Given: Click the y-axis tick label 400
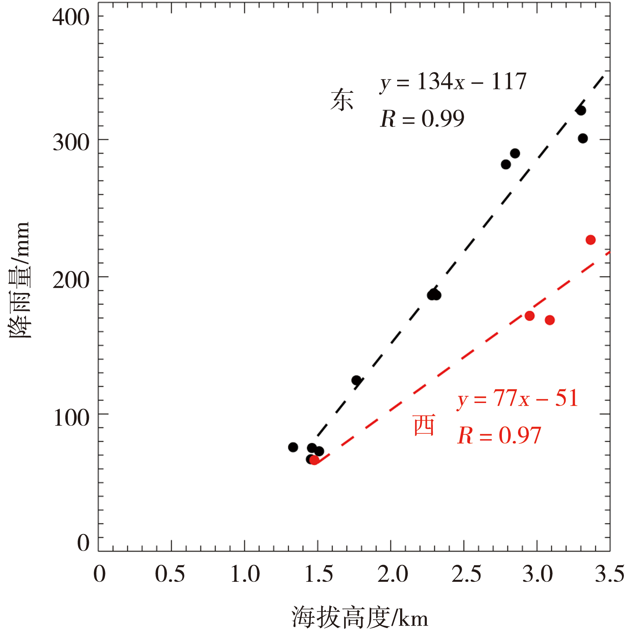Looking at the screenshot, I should pos(71,17).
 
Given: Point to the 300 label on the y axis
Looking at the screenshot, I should pos(71,143).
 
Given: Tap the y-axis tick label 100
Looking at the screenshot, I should pos(71,418).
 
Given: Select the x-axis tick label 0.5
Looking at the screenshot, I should pos(170,574).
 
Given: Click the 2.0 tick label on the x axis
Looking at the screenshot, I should pos(392,574).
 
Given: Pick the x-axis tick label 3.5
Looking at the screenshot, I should pos(610,574).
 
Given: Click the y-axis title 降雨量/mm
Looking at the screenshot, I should pos(20,280).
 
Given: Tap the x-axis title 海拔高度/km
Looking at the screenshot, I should pos(360,617).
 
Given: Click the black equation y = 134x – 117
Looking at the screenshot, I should pos(453,82).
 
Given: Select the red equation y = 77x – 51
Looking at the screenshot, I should pos(518,398).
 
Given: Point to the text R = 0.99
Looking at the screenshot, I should pos(422,119).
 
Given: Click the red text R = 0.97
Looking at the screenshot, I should pos(499,436).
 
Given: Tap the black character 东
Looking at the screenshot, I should pos(342,100).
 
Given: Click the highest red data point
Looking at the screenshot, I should pos(590,240).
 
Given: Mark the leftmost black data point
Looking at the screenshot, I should pos(293,447).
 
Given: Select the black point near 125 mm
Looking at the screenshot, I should pos(356,380).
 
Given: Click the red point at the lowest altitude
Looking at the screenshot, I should pos(315,460).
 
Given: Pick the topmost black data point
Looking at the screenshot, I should pos(581,110).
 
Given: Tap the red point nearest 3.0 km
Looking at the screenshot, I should pos(530,316).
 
